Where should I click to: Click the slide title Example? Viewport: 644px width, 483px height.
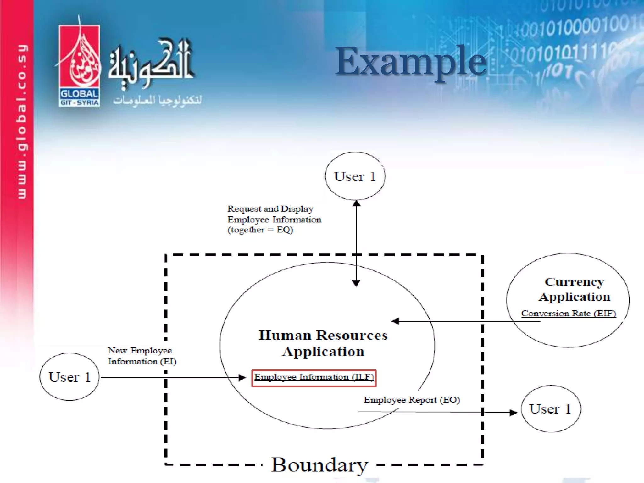tap(410, 61)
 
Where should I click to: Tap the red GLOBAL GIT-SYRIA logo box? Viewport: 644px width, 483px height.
tap(79, 66)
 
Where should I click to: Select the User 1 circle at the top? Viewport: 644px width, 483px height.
tap(355, 176)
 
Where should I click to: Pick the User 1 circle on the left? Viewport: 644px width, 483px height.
tap(69, 377)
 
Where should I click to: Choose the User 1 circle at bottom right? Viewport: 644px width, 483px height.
tap(551, 409)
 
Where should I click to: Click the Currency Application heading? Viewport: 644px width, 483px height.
tap(574, 289)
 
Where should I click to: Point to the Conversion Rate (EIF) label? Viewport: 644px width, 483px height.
tap(568, 314)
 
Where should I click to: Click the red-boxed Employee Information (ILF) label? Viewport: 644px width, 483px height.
tap(314, 378)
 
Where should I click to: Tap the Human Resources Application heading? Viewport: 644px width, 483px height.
tap(323, 343)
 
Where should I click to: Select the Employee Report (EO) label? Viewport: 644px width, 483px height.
tap(412, 400)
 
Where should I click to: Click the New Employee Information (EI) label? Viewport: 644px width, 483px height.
tap(142, 356)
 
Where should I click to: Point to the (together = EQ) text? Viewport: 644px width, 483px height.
tap(260, 230)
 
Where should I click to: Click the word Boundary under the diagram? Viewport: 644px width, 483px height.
tap(319, 465)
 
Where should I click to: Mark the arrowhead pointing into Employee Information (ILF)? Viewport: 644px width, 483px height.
tap(242, 378)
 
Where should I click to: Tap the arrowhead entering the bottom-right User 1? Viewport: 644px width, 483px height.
tap(513, 413)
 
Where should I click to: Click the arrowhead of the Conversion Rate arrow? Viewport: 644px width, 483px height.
tap(395, 321)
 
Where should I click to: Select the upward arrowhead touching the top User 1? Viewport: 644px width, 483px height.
tap(356, 203)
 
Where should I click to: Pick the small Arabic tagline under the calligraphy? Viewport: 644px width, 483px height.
tap(157, 100)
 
